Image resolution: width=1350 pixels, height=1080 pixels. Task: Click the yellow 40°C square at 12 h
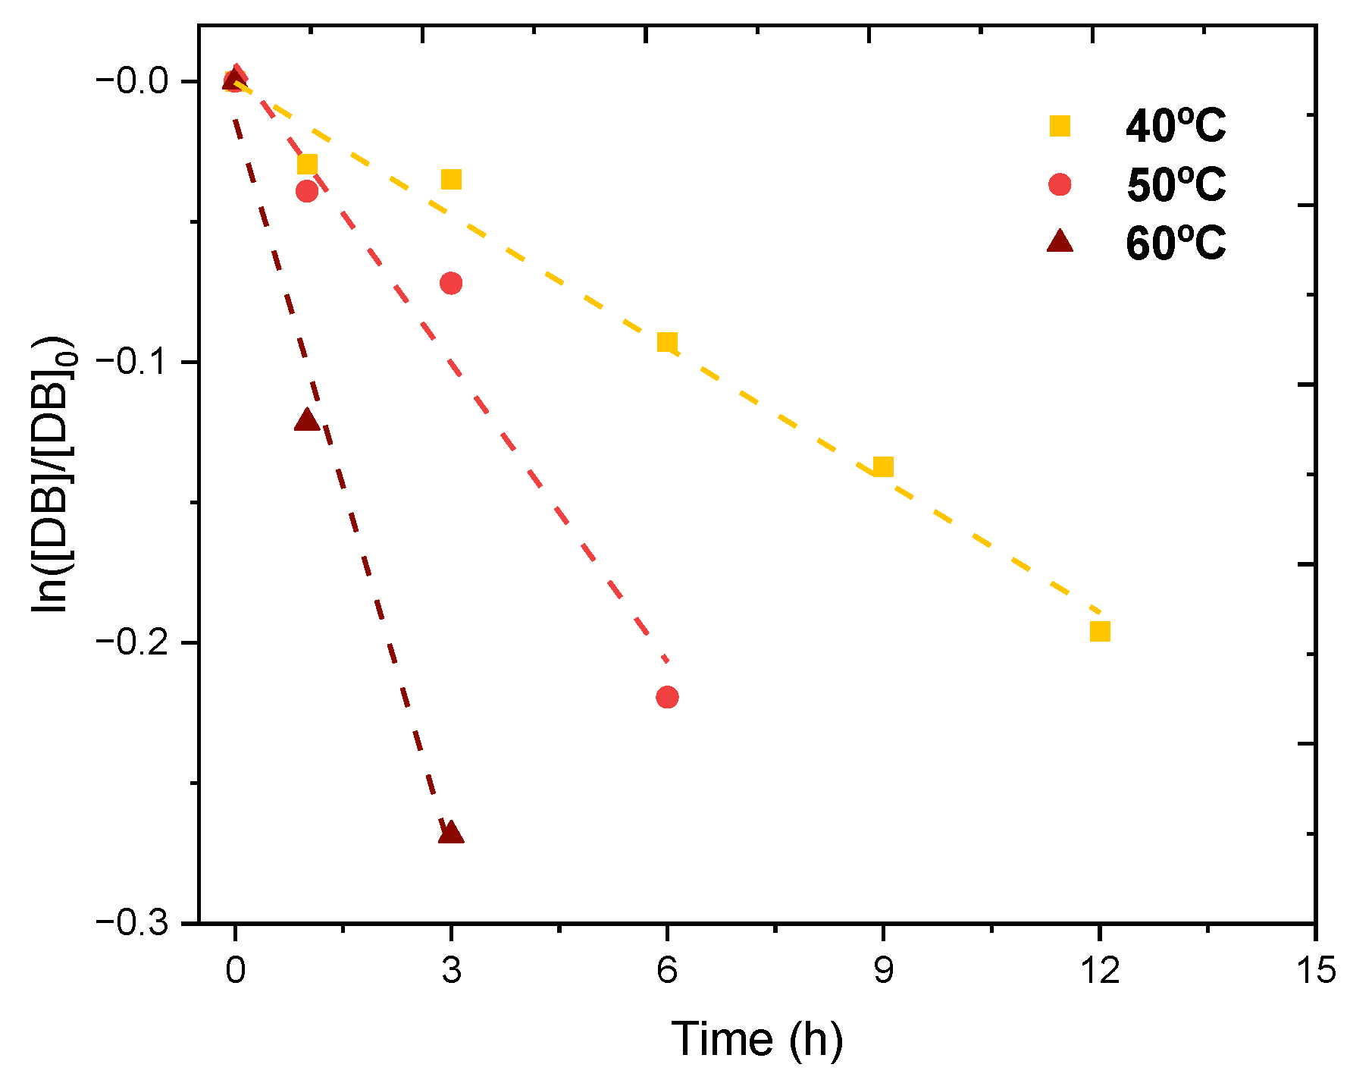click(1100, 631)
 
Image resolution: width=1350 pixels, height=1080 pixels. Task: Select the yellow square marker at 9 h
click(883, 466)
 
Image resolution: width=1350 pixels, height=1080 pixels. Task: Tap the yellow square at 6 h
click(667, 342)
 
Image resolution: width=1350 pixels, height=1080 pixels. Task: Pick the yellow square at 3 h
click(451, 180)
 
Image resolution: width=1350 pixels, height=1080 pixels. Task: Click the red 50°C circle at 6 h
click(667, 697)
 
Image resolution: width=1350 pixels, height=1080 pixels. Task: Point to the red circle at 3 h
click(451, 284)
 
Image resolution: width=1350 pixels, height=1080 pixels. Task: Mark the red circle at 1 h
click(307, 190)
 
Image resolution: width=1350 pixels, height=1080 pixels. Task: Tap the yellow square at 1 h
click(307, 164)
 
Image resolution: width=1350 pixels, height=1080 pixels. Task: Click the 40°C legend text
click(1175, 126)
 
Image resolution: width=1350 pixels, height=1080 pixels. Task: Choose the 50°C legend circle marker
click(1060, 184)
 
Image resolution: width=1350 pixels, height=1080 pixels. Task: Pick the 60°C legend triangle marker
click(1060, 243)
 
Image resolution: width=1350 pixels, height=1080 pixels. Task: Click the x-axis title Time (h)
click(756, 1038)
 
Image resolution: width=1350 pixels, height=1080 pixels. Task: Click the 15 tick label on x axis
click(1315, 970)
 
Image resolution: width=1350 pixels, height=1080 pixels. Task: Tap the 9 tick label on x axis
click(883, 970)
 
